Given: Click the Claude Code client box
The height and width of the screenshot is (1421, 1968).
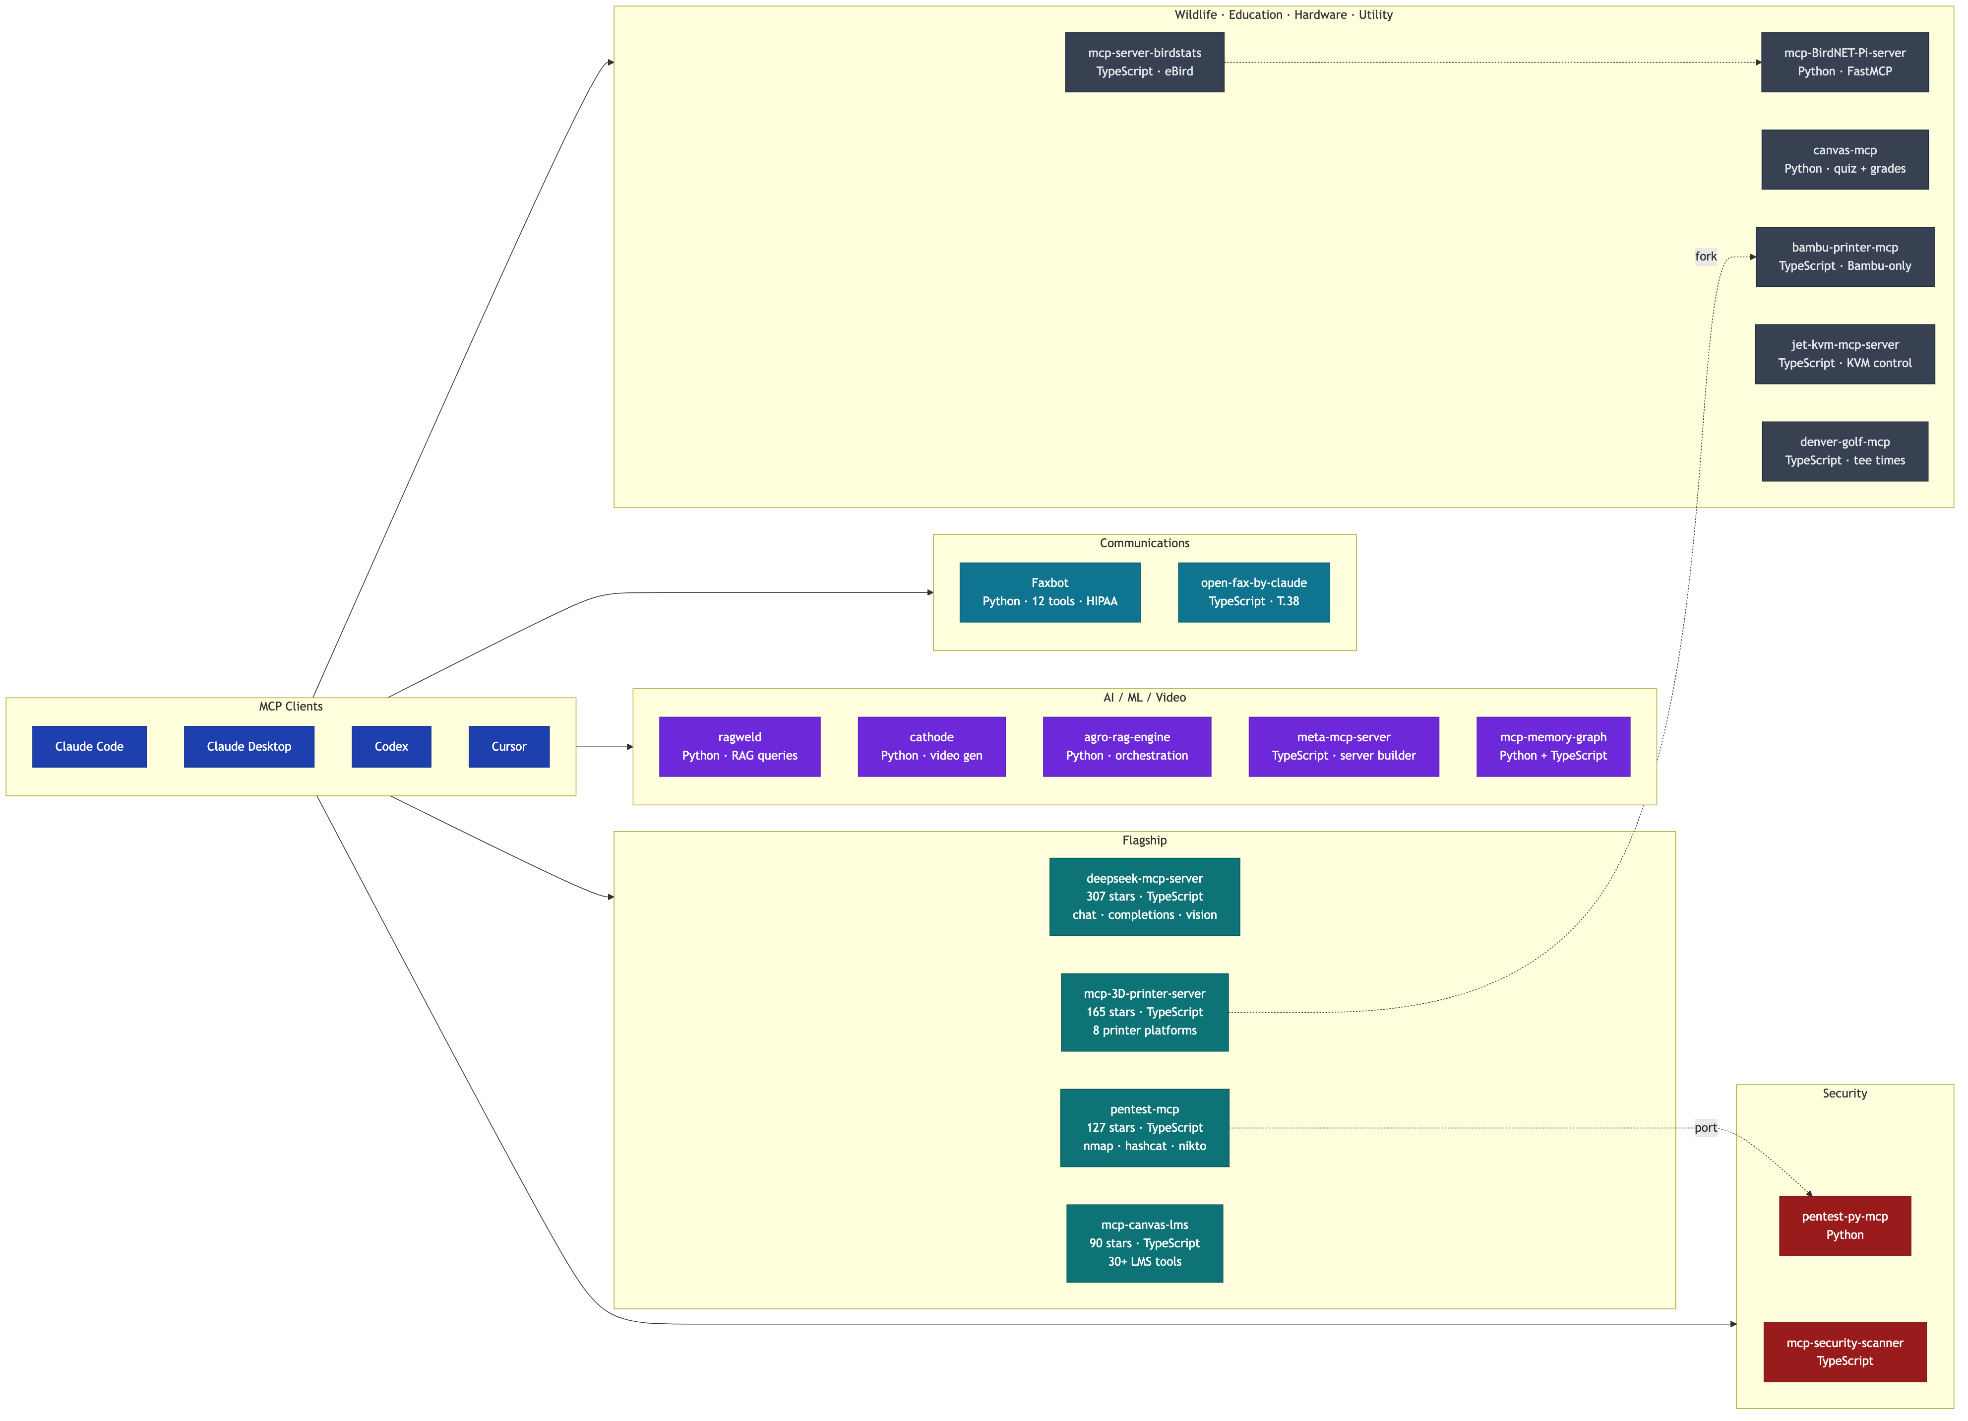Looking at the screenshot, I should (89, 747).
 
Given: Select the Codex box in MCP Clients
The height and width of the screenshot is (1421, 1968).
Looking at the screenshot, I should (391, 747).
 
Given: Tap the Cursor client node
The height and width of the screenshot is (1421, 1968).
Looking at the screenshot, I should (508, 747).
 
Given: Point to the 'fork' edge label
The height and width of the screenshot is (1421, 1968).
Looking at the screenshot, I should (1705, 256).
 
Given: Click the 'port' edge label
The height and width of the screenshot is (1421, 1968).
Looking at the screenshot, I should (1705, 1128).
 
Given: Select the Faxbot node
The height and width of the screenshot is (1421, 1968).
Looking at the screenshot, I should (1049, 592).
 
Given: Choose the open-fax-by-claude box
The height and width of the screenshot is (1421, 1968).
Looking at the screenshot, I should (1253, 592).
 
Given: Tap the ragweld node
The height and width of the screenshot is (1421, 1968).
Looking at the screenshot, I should (739, 747).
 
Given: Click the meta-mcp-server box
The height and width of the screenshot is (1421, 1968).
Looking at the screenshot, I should (1343, 747).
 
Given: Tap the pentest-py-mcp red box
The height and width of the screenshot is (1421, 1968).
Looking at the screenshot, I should (1845, 1226).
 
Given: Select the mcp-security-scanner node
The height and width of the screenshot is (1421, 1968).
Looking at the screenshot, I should (1845, 1352).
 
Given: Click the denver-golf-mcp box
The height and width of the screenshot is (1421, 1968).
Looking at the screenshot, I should (1845, 452).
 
